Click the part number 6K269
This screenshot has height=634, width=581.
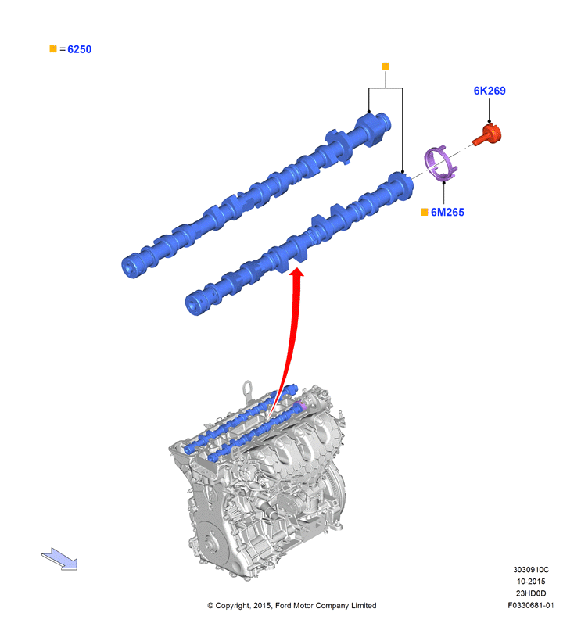coord(490,91)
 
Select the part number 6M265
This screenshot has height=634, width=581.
coord(447,213)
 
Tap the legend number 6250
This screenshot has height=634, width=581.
coord(79,49)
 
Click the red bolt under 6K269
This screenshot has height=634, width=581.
coord(488,135)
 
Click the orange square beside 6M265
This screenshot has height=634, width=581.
coord(425,213)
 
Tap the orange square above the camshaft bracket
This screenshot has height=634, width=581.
coord(386,66)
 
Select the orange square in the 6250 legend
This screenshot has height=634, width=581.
coord(53,49)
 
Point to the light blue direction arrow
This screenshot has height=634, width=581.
coord(60,558)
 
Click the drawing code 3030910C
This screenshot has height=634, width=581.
coord(531,570)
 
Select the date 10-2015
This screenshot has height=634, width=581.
coord(531,582)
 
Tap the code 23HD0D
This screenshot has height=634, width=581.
coord(531,593)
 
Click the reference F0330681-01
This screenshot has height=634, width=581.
coord(531,605)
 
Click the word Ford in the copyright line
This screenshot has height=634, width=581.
coord(284,605)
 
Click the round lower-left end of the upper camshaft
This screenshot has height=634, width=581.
coord(130,267)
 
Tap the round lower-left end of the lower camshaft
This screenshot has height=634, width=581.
coord(194,303)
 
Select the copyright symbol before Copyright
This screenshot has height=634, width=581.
coord(210,605)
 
